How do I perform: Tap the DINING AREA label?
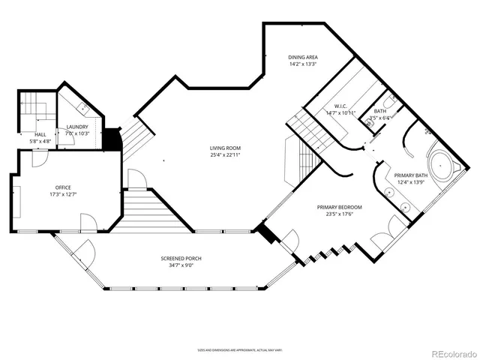pyautogui.click(x=304, y=58)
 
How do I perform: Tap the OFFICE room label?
pyautogui.click(x=62, y=187)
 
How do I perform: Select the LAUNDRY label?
pyautogui.click(x=78, y=127)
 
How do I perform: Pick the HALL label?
pyautogui.click(x=40, y=134)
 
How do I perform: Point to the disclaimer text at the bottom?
pyautogui.click(x=239, y=349)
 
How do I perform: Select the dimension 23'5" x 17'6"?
pyautogui.click(x=340, y=214)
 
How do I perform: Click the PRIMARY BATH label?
pyautogui.click(x=412, y=175)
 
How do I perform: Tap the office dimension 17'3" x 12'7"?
pyautogui.click(x=62, y=194)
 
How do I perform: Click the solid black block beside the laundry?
pyautogui.click(x=112, y=139)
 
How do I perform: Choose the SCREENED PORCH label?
pyautogui.click(x=181, y=259)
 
